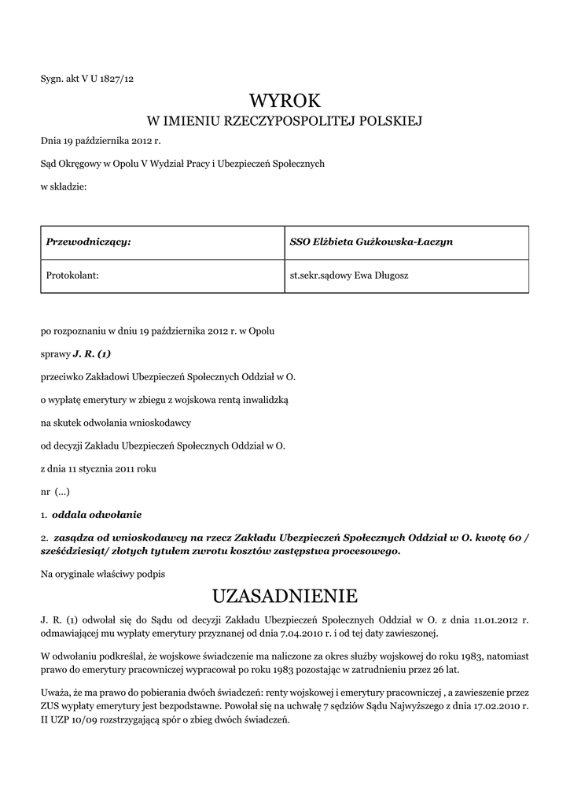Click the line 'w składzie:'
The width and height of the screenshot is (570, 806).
coord(64,187)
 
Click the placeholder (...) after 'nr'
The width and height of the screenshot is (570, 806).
coord(62,491)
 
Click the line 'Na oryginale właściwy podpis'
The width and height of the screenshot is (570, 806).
coord(103,575)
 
